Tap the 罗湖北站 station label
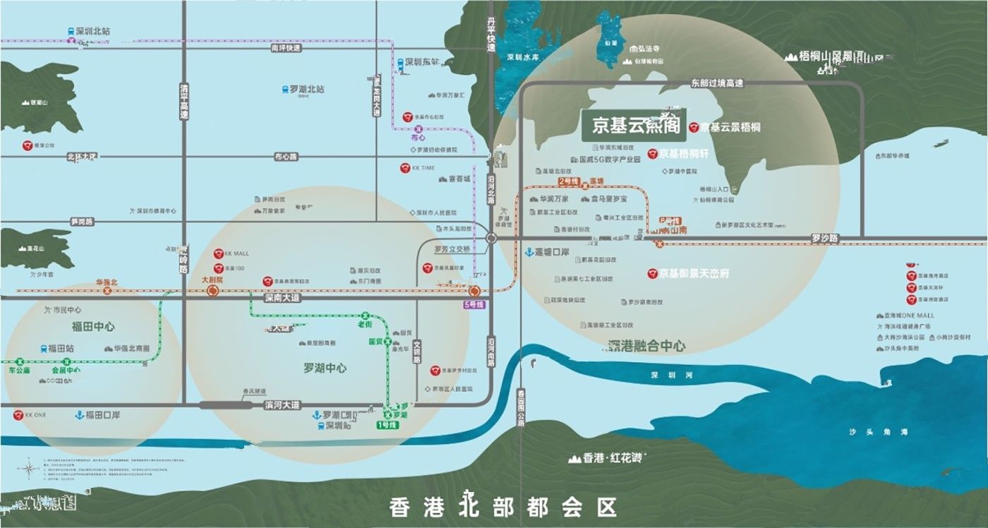click(x=306, y=90)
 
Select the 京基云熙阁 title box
click(x=631, y=127)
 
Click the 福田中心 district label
click(x=92, y=326)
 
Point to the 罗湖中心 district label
click(x=325, y=368)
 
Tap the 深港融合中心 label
click(x=646, y=346)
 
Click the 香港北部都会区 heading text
click(x=502, y=507)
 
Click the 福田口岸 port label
click(x=102, y=415)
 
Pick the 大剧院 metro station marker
click(x=212, y=290)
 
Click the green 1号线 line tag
click(x=387, y=424)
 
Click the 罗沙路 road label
click(x=824, y=239)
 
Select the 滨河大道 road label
click(x=282, y=405)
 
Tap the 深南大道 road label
click(x=282, y=298)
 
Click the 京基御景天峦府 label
click(x=694, y=272)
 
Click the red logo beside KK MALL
click(x=218, y=253)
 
